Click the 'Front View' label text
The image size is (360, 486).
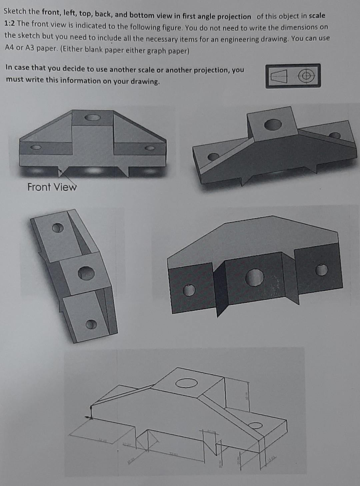(52, 187)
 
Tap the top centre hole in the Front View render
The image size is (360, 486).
(92, 117)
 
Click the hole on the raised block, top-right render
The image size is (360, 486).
(273, 124)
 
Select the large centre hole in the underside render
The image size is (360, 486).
(255, 277)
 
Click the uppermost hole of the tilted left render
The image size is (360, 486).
(58, 227)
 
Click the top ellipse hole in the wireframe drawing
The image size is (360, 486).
(186, 383)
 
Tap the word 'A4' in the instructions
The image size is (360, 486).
(9, 47)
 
